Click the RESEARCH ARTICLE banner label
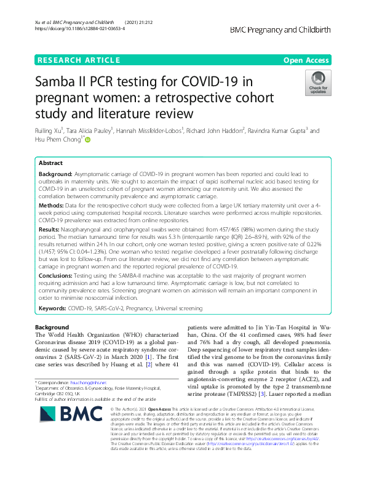point(78,60)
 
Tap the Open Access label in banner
point(306,60)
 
